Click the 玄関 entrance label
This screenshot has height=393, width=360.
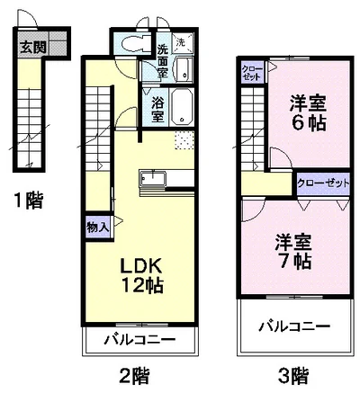click(x=32, y=46)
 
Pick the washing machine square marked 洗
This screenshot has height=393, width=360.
click(x=181, y=43)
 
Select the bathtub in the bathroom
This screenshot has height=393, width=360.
click(x=182, y=107)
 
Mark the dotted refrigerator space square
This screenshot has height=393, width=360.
click(x=184, y=140)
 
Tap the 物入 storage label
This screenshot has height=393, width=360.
click(x=97, y=227)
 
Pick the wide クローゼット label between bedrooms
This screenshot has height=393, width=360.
click(x=323, y=183)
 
